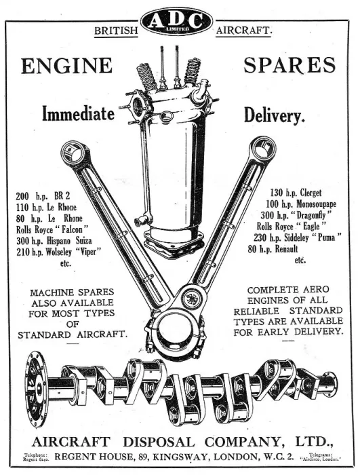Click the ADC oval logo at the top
tap(177, 22)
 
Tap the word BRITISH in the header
tap(116, 31)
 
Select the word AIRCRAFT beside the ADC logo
tap(244, 31)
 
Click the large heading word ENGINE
tap(66, 66)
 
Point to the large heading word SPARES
tap(289, 65)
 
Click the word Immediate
tap(78, 113)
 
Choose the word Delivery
tap(274, 115)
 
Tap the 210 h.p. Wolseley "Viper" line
tap(58, 252)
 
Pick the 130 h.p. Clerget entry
tap(296, 192)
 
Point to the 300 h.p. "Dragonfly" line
tap(296, 215)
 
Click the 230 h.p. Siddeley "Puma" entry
tap(298, 237)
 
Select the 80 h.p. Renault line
tap(273, 249)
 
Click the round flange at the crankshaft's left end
tap(36, 389)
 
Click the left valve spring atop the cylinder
tap(147, 77)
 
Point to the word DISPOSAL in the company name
tap(159, 442)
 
